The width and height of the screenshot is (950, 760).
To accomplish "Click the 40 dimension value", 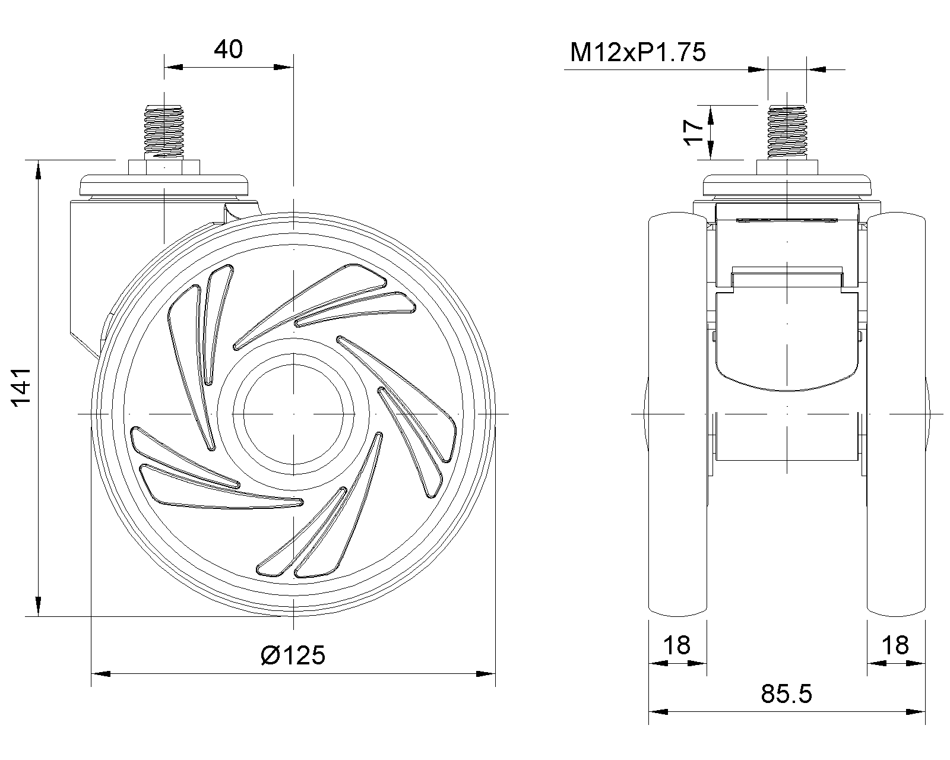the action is (228, 49).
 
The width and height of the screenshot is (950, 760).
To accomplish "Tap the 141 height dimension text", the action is (21, 387).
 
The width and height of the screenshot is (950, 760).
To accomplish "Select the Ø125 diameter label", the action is (293, 655).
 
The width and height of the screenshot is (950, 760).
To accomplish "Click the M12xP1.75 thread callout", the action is (638, 52).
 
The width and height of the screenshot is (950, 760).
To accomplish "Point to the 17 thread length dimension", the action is (693, 132).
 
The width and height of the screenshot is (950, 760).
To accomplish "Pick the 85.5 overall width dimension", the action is (786, 693).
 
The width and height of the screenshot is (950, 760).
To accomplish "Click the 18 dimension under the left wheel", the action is (677, 645).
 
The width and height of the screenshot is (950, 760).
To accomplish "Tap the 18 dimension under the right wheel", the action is (895, 645).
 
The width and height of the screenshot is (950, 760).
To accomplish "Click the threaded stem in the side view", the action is (164, 131).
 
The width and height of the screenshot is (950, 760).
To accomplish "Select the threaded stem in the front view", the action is (787, 132).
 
